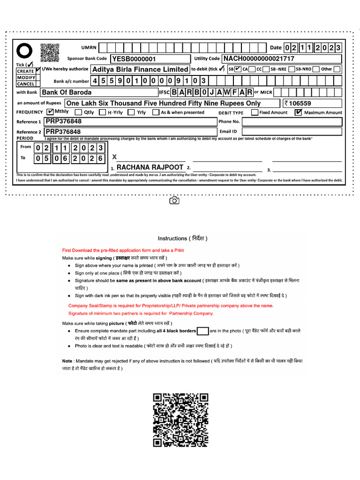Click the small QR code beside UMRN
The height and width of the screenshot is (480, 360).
(x=50, y=52)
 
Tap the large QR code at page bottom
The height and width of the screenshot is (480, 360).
(x=180, y=421)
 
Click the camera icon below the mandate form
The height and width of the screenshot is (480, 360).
(x=174, y=201)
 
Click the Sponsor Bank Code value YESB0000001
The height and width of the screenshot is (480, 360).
(x=134, y=59)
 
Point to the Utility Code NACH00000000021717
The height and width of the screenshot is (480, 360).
(x=259, y=59)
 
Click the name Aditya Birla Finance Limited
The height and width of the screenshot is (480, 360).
(x=140, y=69)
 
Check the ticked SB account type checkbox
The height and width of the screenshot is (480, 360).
(x=238, y=69)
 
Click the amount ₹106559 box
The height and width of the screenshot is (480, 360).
(x=312, y=103)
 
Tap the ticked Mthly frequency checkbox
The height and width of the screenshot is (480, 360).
(x=51, y=112)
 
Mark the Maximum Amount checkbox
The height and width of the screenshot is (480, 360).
(x=298, y=112)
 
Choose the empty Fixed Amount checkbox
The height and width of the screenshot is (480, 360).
(x=255, y=112)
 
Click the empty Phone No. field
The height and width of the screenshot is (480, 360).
(x=292, y=121)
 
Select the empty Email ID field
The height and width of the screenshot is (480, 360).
(x=292, y=132)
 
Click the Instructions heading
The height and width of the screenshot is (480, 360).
(x=182, y=238)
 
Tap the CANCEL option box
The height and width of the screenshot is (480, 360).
(x=26, y=84)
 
